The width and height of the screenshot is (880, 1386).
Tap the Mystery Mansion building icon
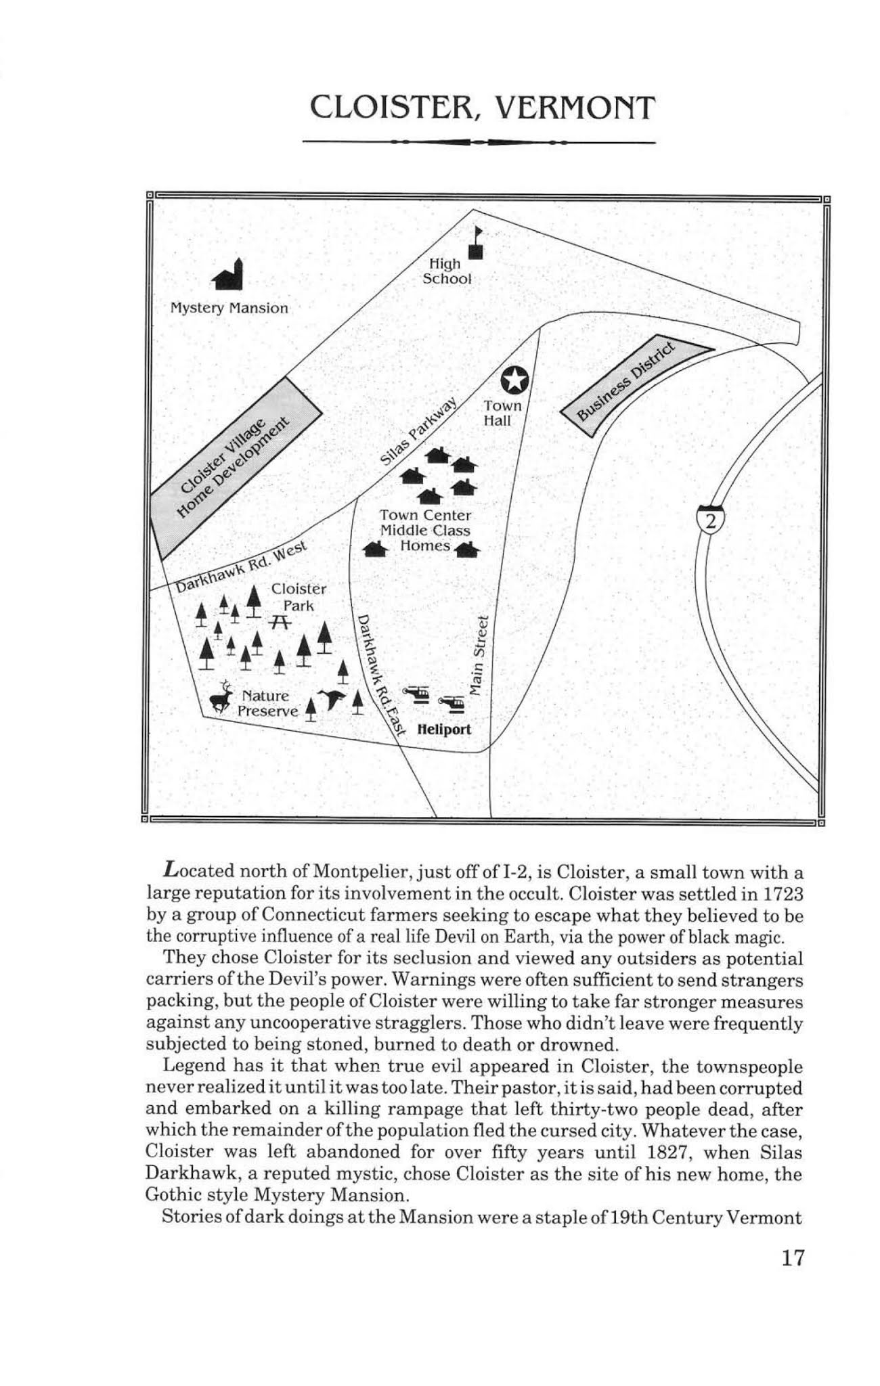(x=228, y=274)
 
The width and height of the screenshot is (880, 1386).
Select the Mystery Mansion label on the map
(x=229, y=309)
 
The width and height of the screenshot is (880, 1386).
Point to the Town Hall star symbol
(x=514, y=380)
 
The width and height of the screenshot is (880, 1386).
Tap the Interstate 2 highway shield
(x=710, y=520)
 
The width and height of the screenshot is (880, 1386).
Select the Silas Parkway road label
(x=419, y=434)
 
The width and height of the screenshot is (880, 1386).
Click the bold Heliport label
(x=444, y=730)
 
